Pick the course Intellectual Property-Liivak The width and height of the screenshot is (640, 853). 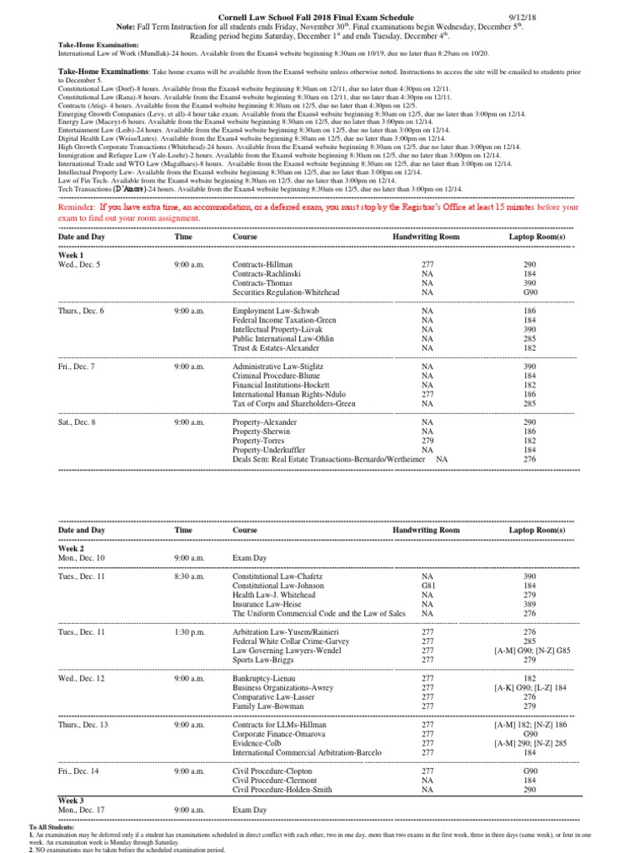276,330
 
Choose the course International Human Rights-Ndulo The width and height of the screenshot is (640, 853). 285,395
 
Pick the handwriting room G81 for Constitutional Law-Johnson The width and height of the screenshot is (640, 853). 427,586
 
